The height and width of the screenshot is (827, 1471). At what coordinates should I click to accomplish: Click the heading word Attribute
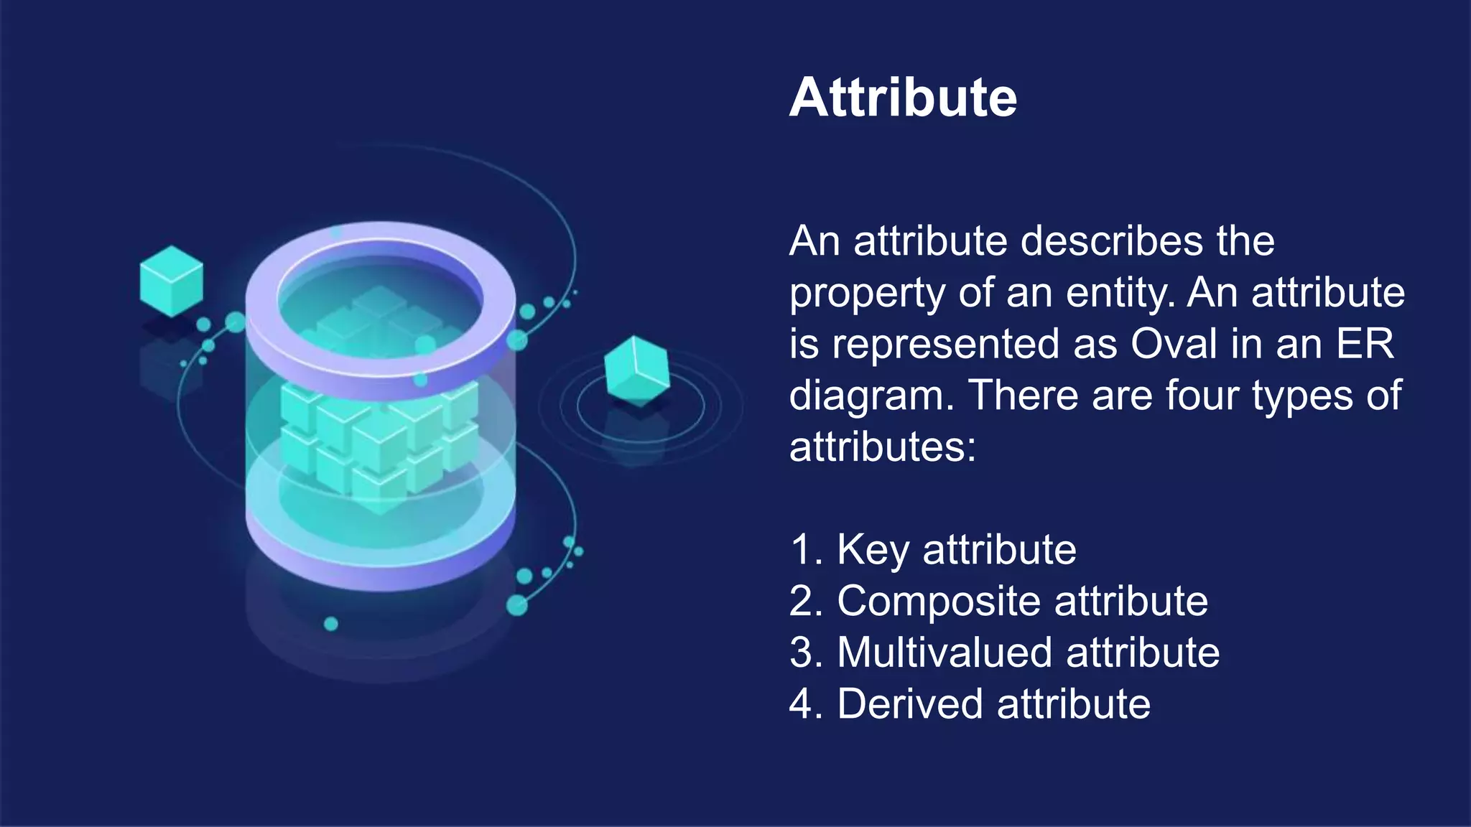click(903, 98)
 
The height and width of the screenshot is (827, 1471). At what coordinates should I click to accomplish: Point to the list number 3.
click(802, 653)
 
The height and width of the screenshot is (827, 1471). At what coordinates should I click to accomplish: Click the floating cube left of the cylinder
click(171, 281)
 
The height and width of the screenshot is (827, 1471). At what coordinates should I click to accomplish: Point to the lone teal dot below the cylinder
click(331, 624)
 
